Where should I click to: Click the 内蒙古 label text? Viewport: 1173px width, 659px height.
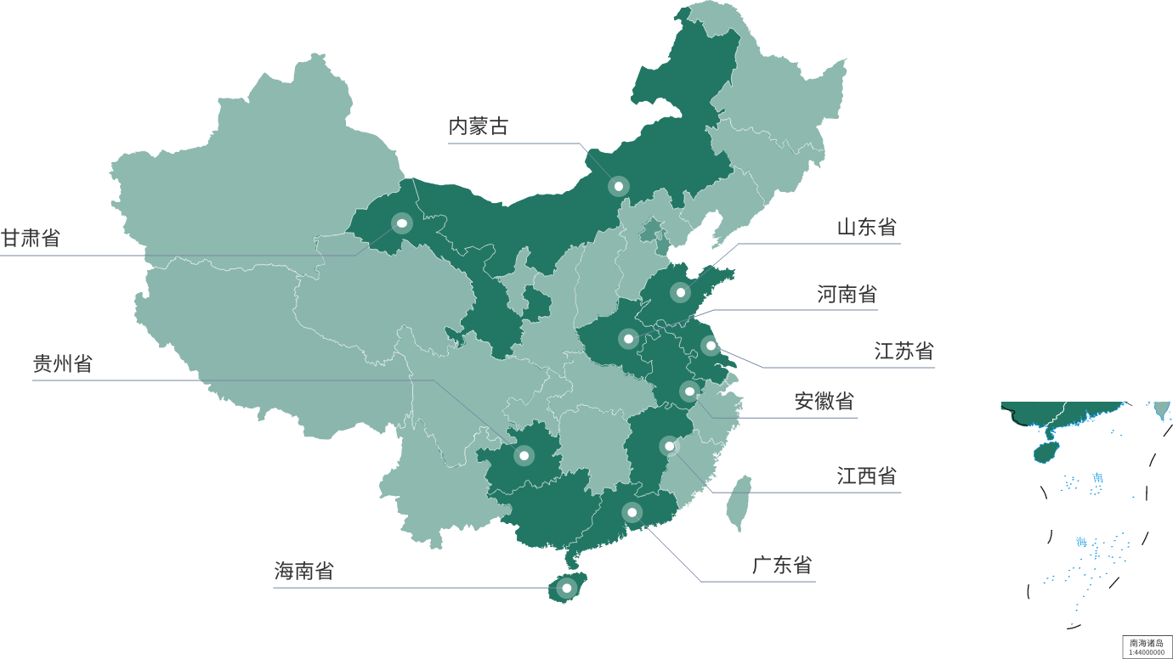tap(479, 127)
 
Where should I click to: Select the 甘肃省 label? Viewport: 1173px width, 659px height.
tap(31, 238)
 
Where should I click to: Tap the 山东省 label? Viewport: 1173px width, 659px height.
tap(866, 227)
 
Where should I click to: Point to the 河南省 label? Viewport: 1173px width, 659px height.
tap(847, 295)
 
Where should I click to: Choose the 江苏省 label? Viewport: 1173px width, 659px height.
tap(904, 351)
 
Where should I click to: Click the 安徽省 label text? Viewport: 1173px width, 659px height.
tap(824, 401)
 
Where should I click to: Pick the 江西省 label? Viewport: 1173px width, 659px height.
tap(866, 476)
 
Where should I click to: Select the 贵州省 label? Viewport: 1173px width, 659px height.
tap(62, 363)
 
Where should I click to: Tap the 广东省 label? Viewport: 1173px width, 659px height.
tap(781, 565)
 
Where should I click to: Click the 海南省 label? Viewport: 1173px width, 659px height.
tap(303, 571)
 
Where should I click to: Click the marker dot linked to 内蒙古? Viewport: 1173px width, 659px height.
tap(619, 186)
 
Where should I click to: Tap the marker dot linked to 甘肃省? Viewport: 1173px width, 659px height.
tap(402, 223)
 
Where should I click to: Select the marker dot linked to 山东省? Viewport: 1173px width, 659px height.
tap(680, 293)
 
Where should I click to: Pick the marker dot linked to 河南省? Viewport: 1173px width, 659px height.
tap(628, 339)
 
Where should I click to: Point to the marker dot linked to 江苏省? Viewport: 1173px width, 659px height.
tap(711, 346)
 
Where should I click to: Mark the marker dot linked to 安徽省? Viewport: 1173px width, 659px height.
tap(689, 391)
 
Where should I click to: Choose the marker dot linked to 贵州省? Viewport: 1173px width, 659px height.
tap(524, 456)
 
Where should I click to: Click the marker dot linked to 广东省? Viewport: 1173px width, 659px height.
tap(632, 512)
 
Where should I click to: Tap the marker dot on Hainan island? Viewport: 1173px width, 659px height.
tap(566, 588)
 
